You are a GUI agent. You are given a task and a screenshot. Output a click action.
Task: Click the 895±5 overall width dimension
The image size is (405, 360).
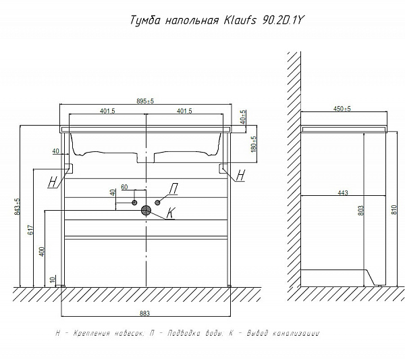coord(145,101)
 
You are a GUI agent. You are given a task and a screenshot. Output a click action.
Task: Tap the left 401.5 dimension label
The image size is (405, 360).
coord(107,111)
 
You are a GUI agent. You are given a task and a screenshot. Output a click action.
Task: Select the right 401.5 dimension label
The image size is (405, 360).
coord(184,111)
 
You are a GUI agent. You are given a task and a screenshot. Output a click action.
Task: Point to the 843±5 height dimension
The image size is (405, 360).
coord(17,207)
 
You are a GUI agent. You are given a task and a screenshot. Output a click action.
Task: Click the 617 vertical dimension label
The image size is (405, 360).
coord(30,230)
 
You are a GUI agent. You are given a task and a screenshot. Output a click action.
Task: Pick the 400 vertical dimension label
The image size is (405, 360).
coord(42,252)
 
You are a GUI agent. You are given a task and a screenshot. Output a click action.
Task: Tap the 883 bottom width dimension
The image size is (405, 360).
coord(144,313)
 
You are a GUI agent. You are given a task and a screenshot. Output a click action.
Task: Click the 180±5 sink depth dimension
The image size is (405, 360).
coord(254,145)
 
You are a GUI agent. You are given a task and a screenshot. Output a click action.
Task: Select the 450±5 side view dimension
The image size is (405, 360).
coord(342,109)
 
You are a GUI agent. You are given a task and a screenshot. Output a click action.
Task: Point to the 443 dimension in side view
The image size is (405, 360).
coord(343,192)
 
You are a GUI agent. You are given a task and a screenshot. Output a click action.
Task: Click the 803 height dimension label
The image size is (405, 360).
coord(361,210)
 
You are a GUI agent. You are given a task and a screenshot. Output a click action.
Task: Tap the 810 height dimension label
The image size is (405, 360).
coord(394,210)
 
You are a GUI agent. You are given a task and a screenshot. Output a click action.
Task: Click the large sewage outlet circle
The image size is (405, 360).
coord(146,211)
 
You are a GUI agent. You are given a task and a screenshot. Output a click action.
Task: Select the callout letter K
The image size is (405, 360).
coord(171,213)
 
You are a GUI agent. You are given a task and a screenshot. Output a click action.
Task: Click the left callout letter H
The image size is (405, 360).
coord(53,182)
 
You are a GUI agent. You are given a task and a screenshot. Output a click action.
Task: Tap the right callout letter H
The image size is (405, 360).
coord(240,175)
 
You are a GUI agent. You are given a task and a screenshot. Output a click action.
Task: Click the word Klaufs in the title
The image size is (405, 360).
coord(240,20)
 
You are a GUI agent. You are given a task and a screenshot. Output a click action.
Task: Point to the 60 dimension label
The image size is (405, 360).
coord(124,187)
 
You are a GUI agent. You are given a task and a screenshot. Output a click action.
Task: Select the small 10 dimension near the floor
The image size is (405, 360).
coord(53,280)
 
